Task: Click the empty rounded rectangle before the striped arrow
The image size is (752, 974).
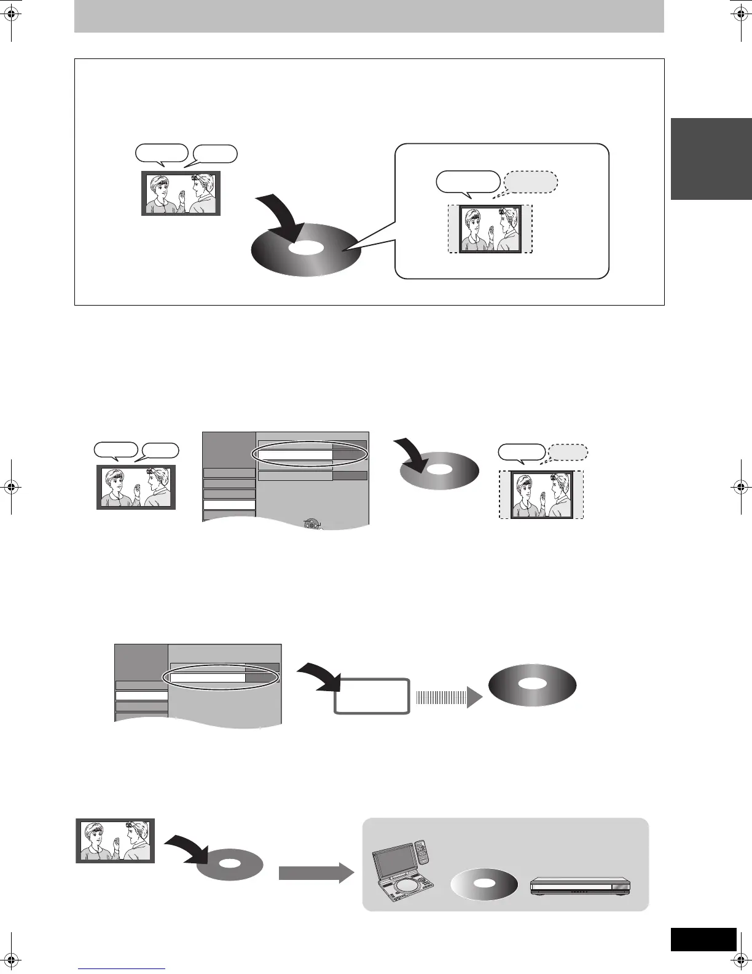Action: pyautogui.click(x=372, y=696)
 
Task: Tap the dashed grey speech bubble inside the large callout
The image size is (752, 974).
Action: pyautogui.click(x=531, y=183)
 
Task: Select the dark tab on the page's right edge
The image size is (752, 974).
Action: pyautogui.click(x=711, y=159)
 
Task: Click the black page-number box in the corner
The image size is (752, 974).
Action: pyautogui.click(x=703, y=939)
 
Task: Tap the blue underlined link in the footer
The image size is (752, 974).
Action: pyautogui.click(x=122, y=968)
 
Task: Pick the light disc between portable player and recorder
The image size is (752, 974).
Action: pyautogui.click(x=484, y=884)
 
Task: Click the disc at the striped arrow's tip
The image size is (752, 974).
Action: pyautogui.click(x=532, y=685)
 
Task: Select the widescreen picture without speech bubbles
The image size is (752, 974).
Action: pyautogui.click(x=116, y=841)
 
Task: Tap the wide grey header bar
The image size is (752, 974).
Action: pyautogui.click(x=369, y=16)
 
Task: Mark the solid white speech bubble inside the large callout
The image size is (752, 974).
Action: pyautogui.click(x=468, y=183)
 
